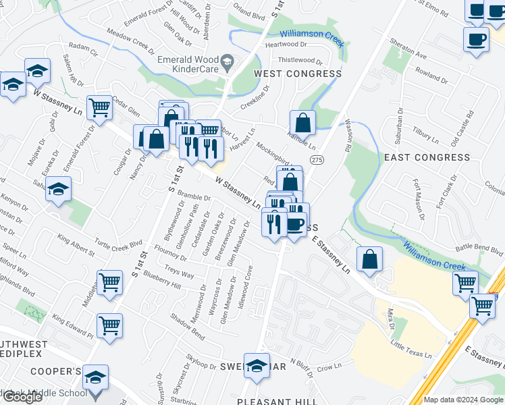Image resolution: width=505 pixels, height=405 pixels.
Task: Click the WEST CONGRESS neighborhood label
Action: click(x=297, y=74)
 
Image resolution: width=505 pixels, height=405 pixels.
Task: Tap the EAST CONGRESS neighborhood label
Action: click(x=426, y=157)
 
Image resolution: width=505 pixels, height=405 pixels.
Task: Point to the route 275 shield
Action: click(x=316, y=159)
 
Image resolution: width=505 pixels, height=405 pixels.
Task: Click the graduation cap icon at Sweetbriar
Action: click(x=256, y=367)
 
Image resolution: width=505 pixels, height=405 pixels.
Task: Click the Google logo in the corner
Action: click(x=22, y=396)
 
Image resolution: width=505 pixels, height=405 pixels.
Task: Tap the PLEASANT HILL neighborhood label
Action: click(x=277, y=401)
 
